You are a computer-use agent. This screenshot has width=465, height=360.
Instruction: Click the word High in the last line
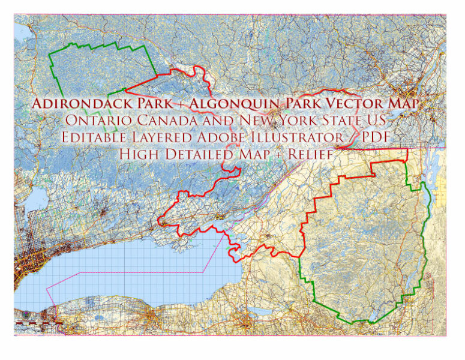[x=137, y=154]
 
